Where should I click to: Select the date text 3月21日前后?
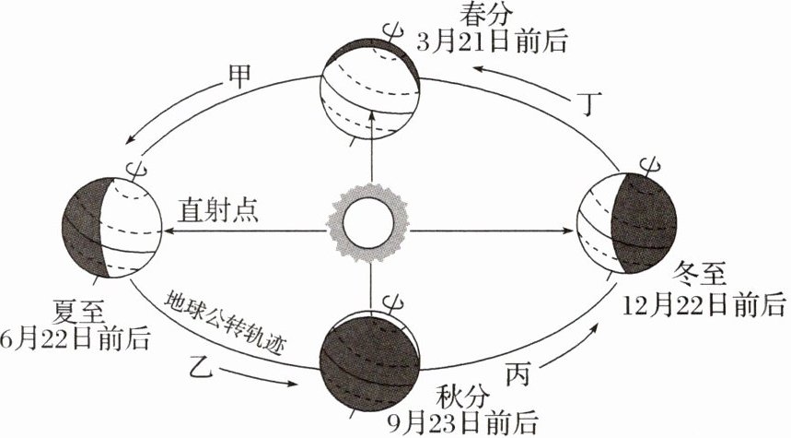coord(492,41)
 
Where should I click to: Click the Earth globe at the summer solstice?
coord(110,227)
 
